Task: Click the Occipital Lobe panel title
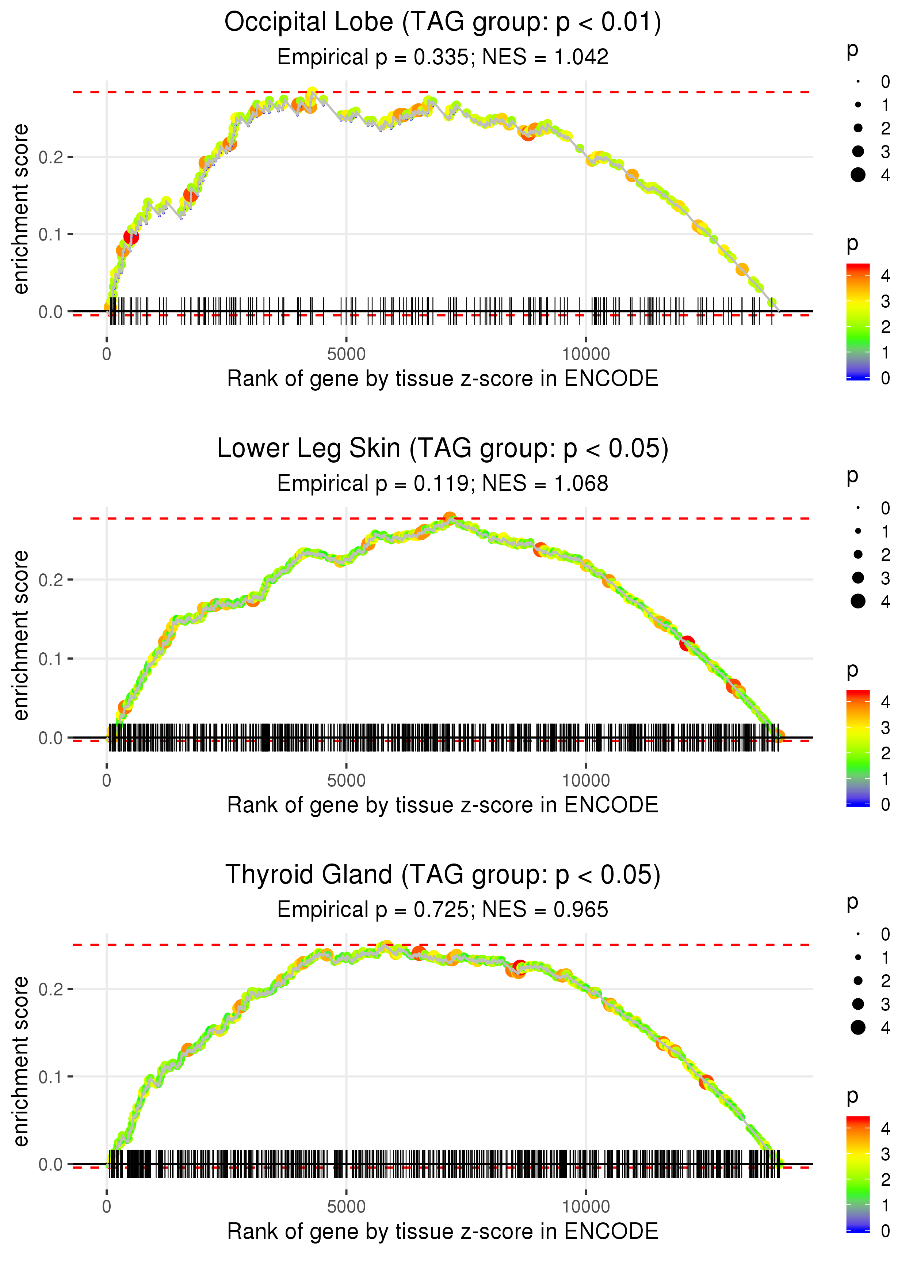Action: pos(443,23)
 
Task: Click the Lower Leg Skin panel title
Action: pos(443,449)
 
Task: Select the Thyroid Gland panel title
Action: pos(443,875)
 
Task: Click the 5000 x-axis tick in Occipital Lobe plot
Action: pos(346,354)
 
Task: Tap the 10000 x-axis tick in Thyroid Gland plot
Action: pos(586,1207)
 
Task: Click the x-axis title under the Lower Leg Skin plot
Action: pos(443,805)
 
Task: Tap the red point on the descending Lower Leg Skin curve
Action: pos(687,644)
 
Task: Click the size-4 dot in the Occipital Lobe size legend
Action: pos(858,175)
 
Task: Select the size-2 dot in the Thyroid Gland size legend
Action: pos(858,981)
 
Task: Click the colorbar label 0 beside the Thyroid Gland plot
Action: pos(886,1231)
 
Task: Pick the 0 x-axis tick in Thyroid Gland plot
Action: pos(107,1207)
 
